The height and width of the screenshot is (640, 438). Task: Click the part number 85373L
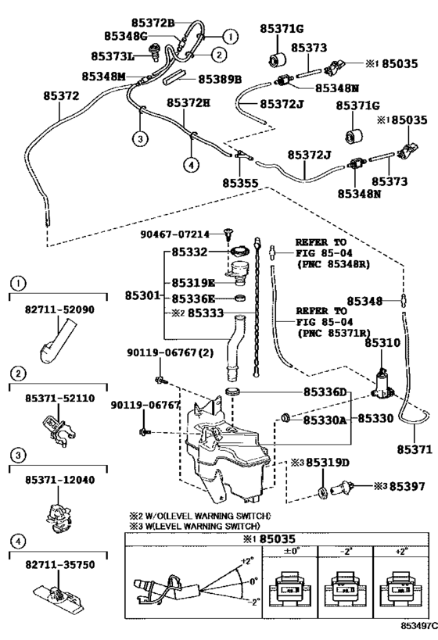coord(113,56)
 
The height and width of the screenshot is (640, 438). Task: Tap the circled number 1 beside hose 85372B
coord(231,37)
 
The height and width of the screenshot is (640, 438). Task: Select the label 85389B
coord(220,79)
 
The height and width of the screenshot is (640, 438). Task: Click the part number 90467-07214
coord(175,234)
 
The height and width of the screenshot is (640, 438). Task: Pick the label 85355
coord(240,184)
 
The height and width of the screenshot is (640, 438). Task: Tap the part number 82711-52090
coord(59,309)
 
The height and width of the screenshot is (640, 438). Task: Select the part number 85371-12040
coord(59,480)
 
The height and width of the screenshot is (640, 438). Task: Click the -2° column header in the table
coord(345,552)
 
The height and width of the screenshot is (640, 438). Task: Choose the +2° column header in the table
coord(401,552)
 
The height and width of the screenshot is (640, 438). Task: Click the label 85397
coord(407,486)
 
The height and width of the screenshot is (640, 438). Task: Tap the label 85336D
coord(325,392)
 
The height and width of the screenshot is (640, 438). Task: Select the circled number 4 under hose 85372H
coord(191,165)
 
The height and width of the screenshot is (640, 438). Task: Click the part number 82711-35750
coord(59,565)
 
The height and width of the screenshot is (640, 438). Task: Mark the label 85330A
coord(325,420)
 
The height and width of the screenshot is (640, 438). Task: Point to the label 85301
coord(142,295)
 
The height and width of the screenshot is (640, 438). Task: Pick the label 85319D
coord(328,463)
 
